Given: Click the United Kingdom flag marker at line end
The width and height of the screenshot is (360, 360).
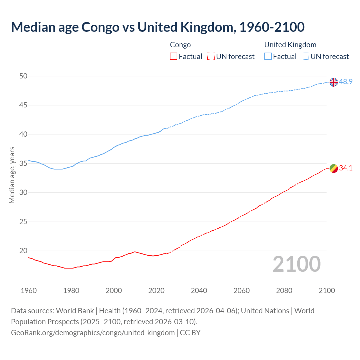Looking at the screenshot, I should click(x=334, y=82).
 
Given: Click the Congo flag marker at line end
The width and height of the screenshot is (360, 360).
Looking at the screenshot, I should click(x=334, y=168).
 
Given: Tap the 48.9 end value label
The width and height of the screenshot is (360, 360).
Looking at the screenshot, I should click(x=346, y=82).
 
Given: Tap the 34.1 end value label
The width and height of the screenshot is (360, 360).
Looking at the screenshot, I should click(x=346, y=168).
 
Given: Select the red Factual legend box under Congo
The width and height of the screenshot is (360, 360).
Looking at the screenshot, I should click(x=174, y=57).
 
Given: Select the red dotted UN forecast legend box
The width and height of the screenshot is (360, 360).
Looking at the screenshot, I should click(x=211, y=57).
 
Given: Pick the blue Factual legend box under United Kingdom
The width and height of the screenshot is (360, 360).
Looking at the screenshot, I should click(x=268, y=57).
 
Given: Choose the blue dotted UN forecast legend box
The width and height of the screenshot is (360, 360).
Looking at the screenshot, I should click(x=305, y=57).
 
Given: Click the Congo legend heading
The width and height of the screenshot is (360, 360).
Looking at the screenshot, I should click(x=180, y=45).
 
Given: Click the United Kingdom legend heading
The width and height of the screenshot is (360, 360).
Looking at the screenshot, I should click(x=290, y=45).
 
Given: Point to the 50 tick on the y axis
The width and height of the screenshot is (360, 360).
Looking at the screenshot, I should click(x=23, y=76).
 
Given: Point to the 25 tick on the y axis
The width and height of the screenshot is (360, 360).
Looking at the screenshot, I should click(x=23, y=222).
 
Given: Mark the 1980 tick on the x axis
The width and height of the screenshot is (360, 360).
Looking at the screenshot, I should click(x=71, y=291).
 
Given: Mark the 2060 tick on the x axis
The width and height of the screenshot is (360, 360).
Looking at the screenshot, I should click(x=242, y=291).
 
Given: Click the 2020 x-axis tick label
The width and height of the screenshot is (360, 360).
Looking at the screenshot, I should click(x=156, y=291).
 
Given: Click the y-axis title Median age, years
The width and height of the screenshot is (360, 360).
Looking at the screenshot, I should click(x=12, y=175).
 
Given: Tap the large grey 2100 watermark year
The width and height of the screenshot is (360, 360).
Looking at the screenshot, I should click(x=296, y=264).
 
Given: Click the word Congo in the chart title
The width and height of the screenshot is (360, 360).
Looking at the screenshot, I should click(x=100, y=27).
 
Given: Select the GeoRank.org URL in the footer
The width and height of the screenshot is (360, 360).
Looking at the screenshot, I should click(x=93, y=333).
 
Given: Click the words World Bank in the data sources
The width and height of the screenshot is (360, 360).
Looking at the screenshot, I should click(x=75, y=311).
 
